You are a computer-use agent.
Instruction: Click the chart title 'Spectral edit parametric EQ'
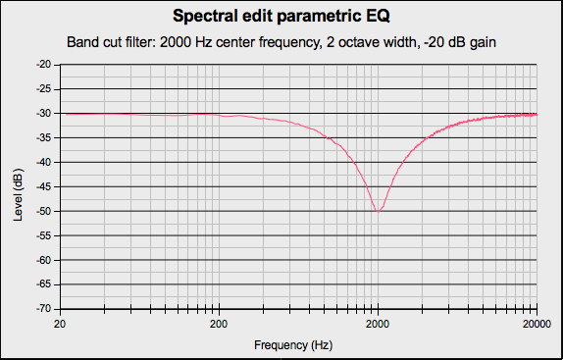(x=281, y=17)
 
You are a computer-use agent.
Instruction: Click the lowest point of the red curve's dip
(x=378, y=210)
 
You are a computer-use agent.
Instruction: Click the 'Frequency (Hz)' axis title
(x=294, y=345)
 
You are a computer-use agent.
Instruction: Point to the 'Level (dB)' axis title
(x=19, y=187)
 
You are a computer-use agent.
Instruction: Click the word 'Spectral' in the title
(x=204, y=17)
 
